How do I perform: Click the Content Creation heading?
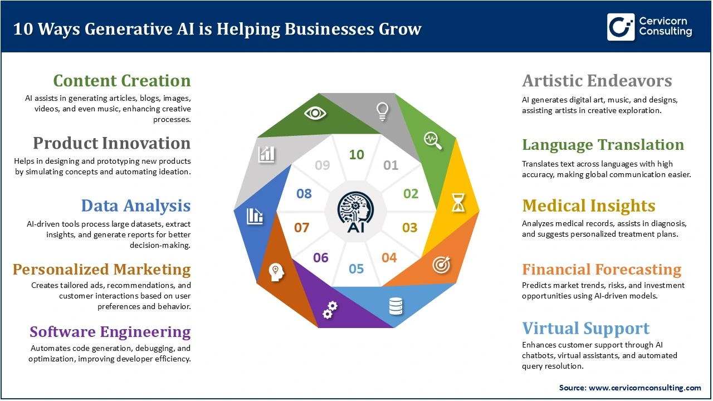pos(122,81)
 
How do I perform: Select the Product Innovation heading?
pos(112,143)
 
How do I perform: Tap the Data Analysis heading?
pos(136,206)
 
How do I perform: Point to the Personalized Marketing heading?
pos(102,270)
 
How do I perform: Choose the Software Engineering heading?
pos(110,332)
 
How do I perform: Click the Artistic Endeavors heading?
pos(597,81)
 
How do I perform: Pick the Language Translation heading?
pos(603,145)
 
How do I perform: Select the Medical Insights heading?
pos(589,206)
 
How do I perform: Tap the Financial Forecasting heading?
pos(602,270)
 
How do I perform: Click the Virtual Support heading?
pos(586,328)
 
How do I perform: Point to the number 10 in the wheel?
pos(356,155)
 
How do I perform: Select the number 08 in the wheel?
pos(304,194)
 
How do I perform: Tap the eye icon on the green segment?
pos(315,113)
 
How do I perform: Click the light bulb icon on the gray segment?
pos(383,111)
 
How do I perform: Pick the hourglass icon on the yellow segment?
pos(458,204)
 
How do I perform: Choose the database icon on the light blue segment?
pos(396,305)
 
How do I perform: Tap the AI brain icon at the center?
pos(356,212)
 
